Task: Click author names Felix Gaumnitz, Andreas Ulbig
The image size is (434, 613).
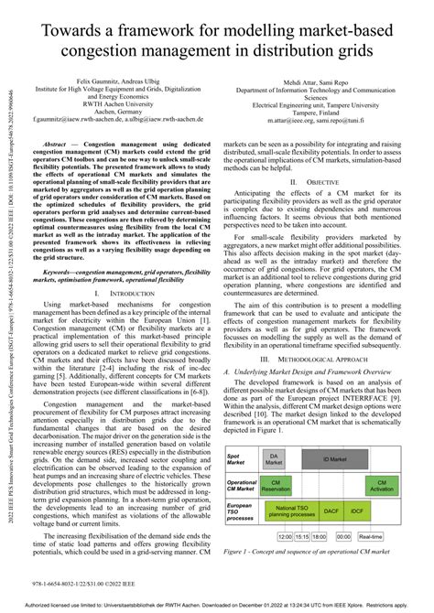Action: tap(116, 81)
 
